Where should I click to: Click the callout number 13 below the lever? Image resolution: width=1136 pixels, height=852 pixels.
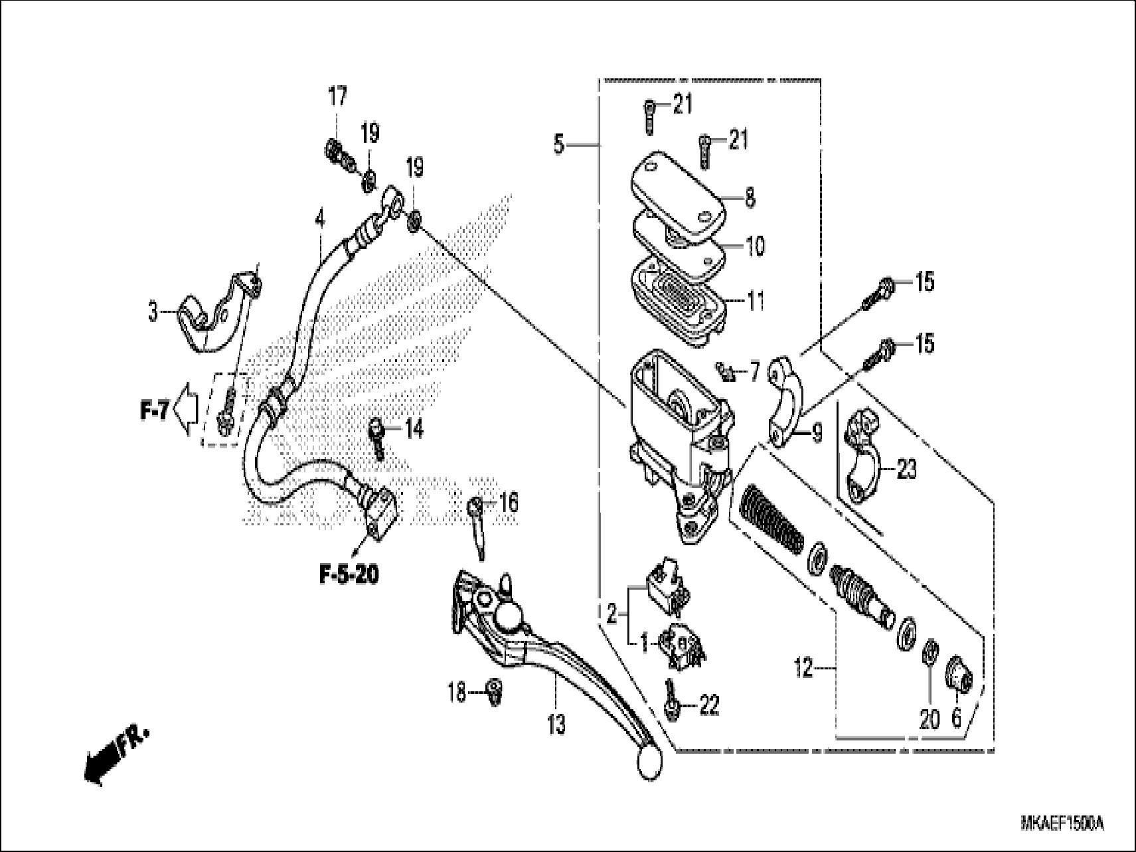(x=556, y=724)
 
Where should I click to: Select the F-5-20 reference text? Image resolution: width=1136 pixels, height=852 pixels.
(x=349, y=574)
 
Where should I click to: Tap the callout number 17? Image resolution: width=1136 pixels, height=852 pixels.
(x=337, y=98)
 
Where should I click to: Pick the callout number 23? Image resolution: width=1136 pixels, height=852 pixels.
(x=906, y=469)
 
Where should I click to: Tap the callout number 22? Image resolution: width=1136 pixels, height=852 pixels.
(x=708, y=705)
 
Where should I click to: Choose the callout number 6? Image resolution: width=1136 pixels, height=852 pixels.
(x=956, y=719)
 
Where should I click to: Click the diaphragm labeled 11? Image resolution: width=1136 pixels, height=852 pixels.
(x=677, y=299)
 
